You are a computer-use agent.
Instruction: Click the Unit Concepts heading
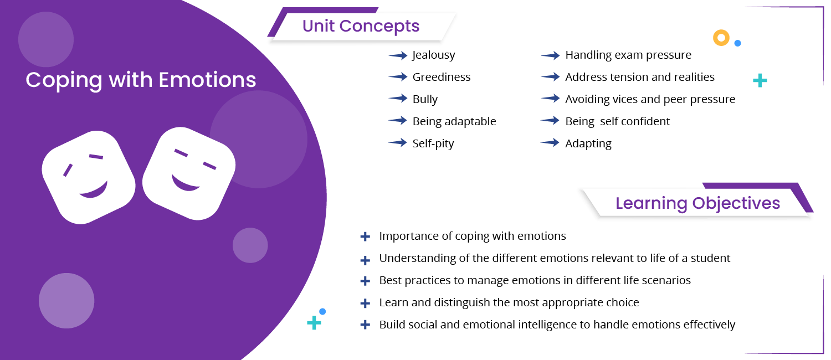point(361,26)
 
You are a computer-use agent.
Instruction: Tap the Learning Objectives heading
point(697,203)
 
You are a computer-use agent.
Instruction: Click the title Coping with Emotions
point(141,80)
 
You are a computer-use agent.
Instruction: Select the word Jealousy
point(434,55)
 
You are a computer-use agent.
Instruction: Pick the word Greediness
point(442,77)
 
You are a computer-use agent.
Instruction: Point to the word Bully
point(425,99)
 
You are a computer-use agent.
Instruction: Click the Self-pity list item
point(433,143)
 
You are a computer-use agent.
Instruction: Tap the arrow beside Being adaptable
point(398,121)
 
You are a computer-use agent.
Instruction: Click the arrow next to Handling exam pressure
point(550,55)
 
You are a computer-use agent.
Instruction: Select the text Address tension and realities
point(640,77)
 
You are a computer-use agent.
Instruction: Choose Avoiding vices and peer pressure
point(650,99)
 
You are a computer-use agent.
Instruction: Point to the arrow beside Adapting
point(550,143)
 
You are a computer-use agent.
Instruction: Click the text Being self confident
point(617,121)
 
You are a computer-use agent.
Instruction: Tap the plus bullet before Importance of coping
point(365,236)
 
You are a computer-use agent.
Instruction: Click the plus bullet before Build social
point(365,325)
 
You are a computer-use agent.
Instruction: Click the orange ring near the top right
point(721,38)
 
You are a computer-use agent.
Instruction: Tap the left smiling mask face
point(89,177)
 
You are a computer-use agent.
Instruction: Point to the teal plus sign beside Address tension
point(760,81)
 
